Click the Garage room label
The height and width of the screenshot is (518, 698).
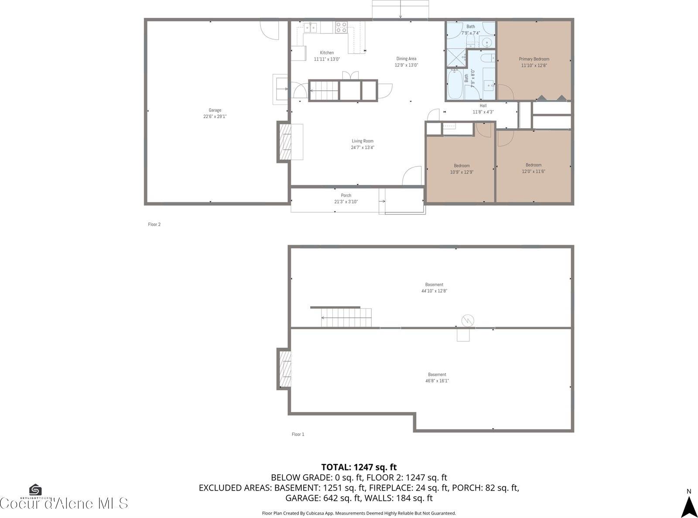pos(215,110)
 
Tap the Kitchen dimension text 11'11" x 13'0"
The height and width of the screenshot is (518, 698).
pos(327,59)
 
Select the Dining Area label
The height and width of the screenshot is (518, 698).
pos(406,58)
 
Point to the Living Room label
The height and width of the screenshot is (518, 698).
pos(363,141)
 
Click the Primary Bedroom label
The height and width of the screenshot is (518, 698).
pos(534,59)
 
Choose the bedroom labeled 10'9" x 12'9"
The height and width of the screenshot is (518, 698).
pos(462,169)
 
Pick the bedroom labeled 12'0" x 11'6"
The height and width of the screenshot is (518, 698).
pos(534,168)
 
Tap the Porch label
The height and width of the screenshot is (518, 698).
pos(346,195)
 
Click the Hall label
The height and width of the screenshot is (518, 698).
pos(483,106)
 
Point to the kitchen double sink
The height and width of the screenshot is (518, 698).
pos(310,27)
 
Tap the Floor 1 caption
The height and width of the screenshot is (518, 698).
pos(298,434)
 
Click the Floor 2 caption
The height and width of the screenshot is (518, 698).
pos(154,225)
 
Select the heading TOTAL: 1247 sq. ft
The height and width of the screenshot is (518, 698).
pos(359,467)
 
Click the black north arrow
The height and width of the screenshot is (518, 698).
pos(689,507)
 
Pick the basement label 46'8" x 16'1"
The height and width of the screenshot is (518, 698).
pos(437,381)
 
